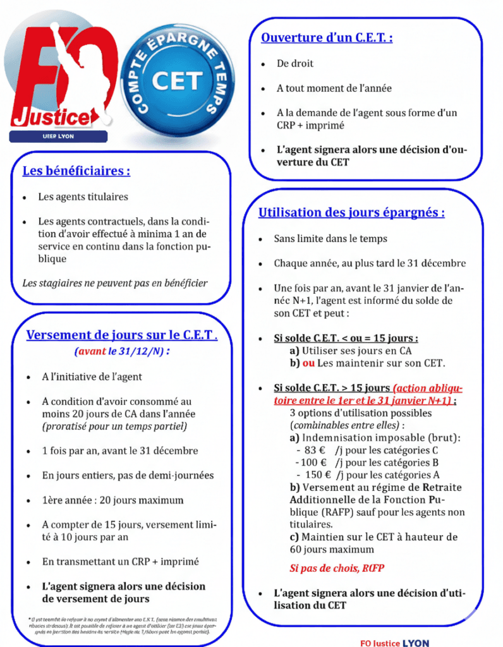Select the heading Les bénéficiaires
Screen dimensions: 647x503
coord(76,171)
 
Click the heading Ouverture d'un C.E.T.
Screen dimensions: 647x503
coord(327,37)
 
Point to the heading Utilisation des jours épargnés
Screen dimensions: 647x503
coord(351,213)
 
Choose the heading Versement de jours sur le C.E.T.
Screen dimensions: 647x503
coord(122,335)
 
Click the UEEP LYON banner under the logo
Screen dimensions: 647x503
coord(58,137)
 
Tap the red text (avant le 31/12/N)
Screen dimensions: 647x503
coord(122,351)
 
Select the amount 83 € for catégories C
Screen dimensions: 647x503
coord(315,450)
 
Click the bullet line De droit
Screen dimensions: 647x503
coord(294,64)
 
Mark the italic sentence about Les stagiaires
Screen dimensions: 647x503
coord(114,283)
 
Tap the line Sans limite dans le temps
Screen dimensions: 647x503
coord(330,239)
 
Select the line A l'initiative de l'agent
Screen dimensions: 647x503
coord(92,377)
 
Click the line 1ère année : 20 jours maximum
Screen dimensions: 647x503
coord(113,500)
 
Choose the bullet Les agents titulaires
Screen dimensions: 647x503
coord(83,197)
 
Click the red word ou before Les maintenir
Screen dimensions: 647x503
coord(308,363)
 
